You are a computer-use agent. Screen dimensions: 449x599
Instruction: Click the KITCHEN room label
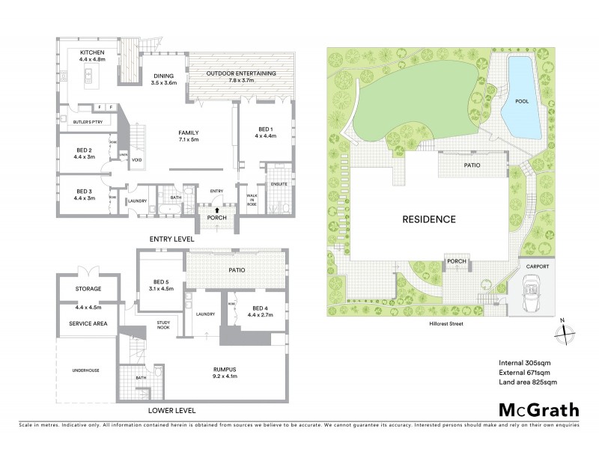tap(94, 52)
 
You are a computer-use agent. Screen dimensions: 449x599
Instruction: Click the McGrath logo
tap(538, 409)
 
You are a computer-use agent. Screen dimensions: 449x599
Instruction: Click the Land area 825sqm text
tap(528, 382)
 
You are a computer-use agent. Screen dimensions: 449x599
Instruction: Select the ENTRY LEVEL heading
tap(171, 239)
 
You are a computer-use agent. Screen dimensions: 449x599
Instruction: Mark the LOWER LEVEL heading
tap(172, 411)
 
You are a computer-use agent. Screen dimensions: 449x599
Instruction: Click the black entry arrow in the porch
tap(216, 210)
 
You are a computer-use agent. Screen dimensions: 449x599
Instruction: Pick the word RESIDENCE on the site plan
tap(429, 219)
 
